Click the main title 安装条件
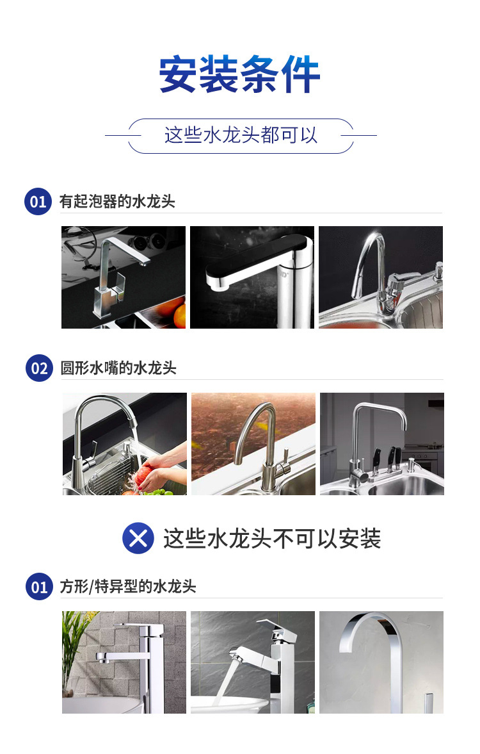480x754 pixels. [239, 74]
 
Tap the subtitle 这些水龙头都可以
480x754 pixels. [241, 135]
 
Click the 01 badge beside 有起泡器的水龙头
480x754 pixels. [38, 202]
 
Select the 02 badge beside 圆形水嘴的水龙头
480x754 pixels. [39, 368]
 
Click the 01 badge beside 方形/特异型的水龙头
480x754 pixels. [39, 587]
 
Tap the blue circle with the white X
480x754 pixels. [138, 538]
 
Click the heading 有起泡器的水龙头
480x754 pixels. [117, 202]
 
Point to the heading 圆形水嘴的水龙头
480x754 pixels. [118, 368]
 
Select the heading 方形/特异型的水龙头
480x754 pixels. [128, 587]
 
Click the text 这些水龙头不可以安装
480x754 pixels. [272, 539]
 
